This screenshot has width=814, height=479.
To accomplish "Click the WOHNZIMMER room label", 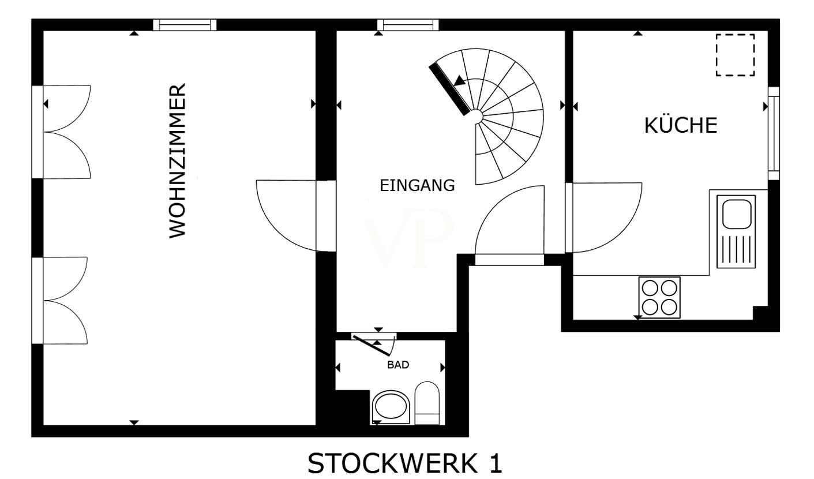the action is pyautogui.click(x=178, y=160).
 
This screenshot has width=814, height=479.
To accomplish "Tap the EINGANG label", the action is pyautogui.click(x=417, y=185).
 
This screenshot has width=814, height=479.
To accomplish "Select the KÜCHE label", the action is pyautogui.click(x=681, y=125).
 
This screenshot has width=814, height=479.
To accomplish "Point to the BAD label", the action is pyautogui.click(x=398, y=365).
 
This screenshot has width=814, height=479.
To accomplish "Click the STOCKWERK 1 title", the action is pyautogui.click(x=405, y=463).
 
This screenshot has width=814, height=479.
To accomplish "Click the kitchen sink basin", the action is pyautogui.click(x=737, y=214).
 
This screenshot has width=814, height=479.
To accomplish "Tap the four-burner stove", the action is pyautogui.click(x=659, y=298).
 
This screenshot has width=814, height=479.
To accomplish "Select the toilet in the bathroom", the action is pyautogui.click(x=427, y=403).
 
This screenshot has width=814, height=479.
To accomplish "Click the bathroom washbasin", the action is pyautogui.click(x=391, y=407).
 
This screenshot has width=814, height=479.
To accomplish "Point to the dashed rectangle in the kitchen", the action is pyautogui.click(x=735, y=55).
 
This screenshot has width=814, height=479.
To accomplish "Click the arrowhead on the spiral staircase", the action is pyautogui.click(x=459, y=81).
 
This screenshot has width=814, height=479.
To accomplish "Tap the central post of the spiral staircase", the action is pyautogui.click(x=477, y=117).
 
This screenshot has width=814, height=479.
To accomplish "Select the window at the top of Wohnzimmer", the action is pyautogui.click(x=185, y=25).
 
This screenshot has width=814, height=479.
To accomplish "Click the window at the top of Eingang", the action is pyautogui.click(x=408, y=25).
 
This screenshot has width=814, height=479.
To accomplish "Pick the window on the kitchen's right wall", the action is pyautogui.click(x=774, y=133).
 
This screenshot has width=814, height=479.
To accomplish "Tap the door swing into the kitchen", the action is pyautogui.click(x=603, y=218).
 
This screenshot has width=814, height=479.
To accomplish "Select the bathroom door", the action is pyautogui.click(x=374, y=344).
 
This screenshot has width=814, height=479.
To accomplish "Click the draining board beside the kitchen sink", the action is pyautogui.click(x=736, y=249).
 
